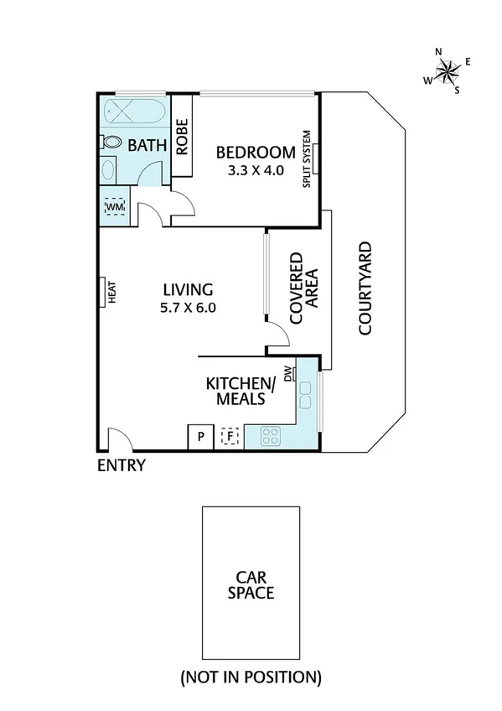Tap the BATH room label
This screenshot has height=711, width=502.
pyautogui.click(x=147, y=146)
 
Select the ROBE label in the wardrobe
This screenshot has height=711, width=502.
pyautogui.click(x=182, y=136)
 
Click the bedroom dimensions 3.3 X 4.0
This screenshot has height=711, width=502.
pyautogui.click(x=256, y=169)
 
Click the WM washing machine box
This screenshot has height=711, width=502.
pyautogui.click(x=114, y=206)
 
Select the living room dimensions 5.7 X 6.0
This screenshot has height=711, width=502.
pyautogui.click(x=189, y=307)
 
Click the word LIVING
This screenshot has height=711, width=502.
pyautogui.click(x=189, y=288)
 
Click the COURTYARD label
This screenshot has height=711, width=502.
pyautogui.click(x=365, y=288)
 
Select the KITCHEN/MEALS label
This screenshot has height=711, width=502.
pyautogui.click(x=241, y=392)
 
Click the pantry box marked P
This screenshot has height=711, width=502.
pyautogui.click(x=200, y=436)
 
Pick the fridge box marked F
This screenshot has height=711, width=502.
pyautogui.click(x=229, y=436)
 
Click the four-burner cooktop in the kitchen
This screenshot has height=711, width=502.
pyautogui.click(x=272, y=435)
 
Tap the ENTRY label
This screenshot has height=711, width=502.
pyautogui.click(x=122, y=466)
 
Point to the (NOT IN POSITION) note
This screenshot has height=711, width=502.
pyautogui.click(x=251, y=676)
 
